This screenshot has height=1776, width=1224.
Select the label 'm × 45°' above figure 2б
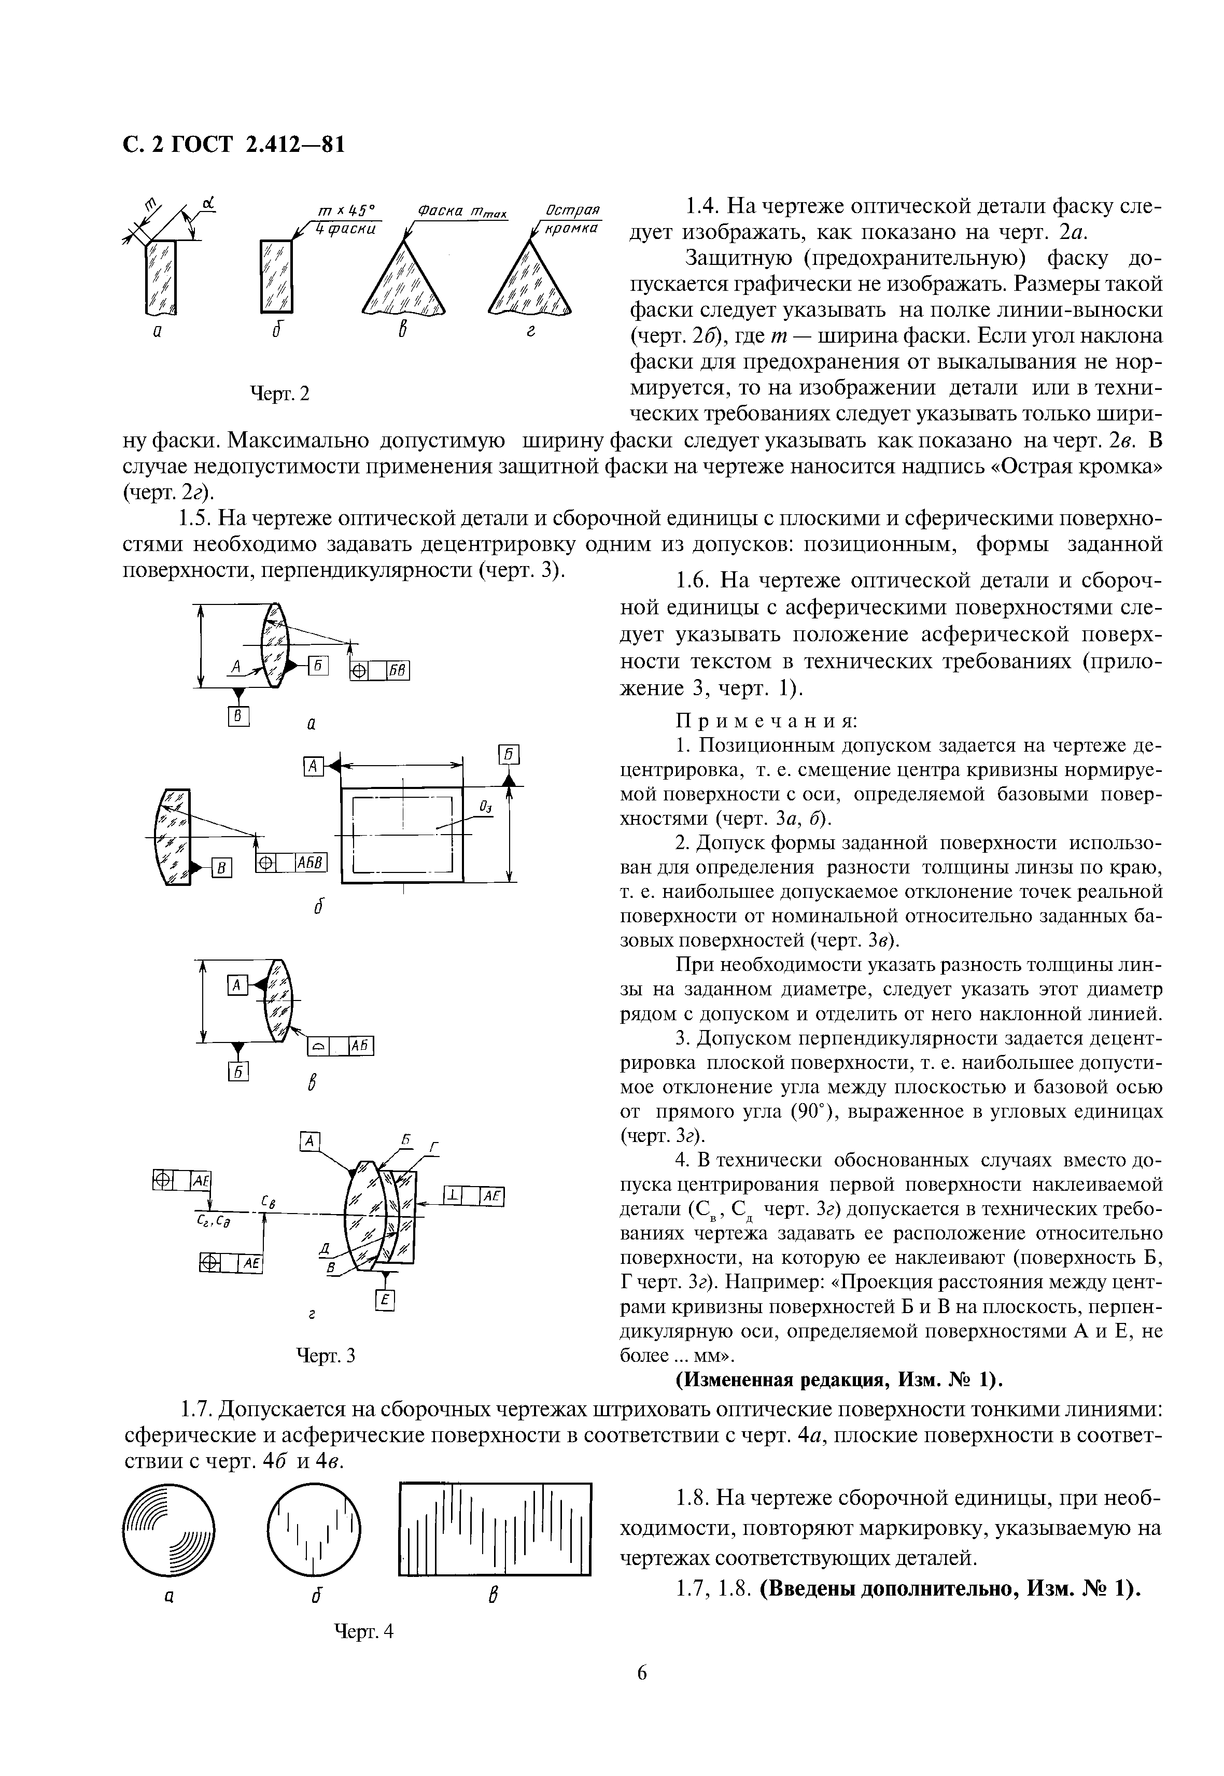347,211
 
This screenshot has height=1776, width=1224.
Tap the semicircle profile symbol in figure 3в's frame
318,1047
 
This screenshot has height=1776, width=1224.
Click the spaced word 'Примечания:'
767,721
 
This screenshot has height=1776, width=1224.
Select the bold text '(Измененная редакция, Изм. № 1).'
840,1380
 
